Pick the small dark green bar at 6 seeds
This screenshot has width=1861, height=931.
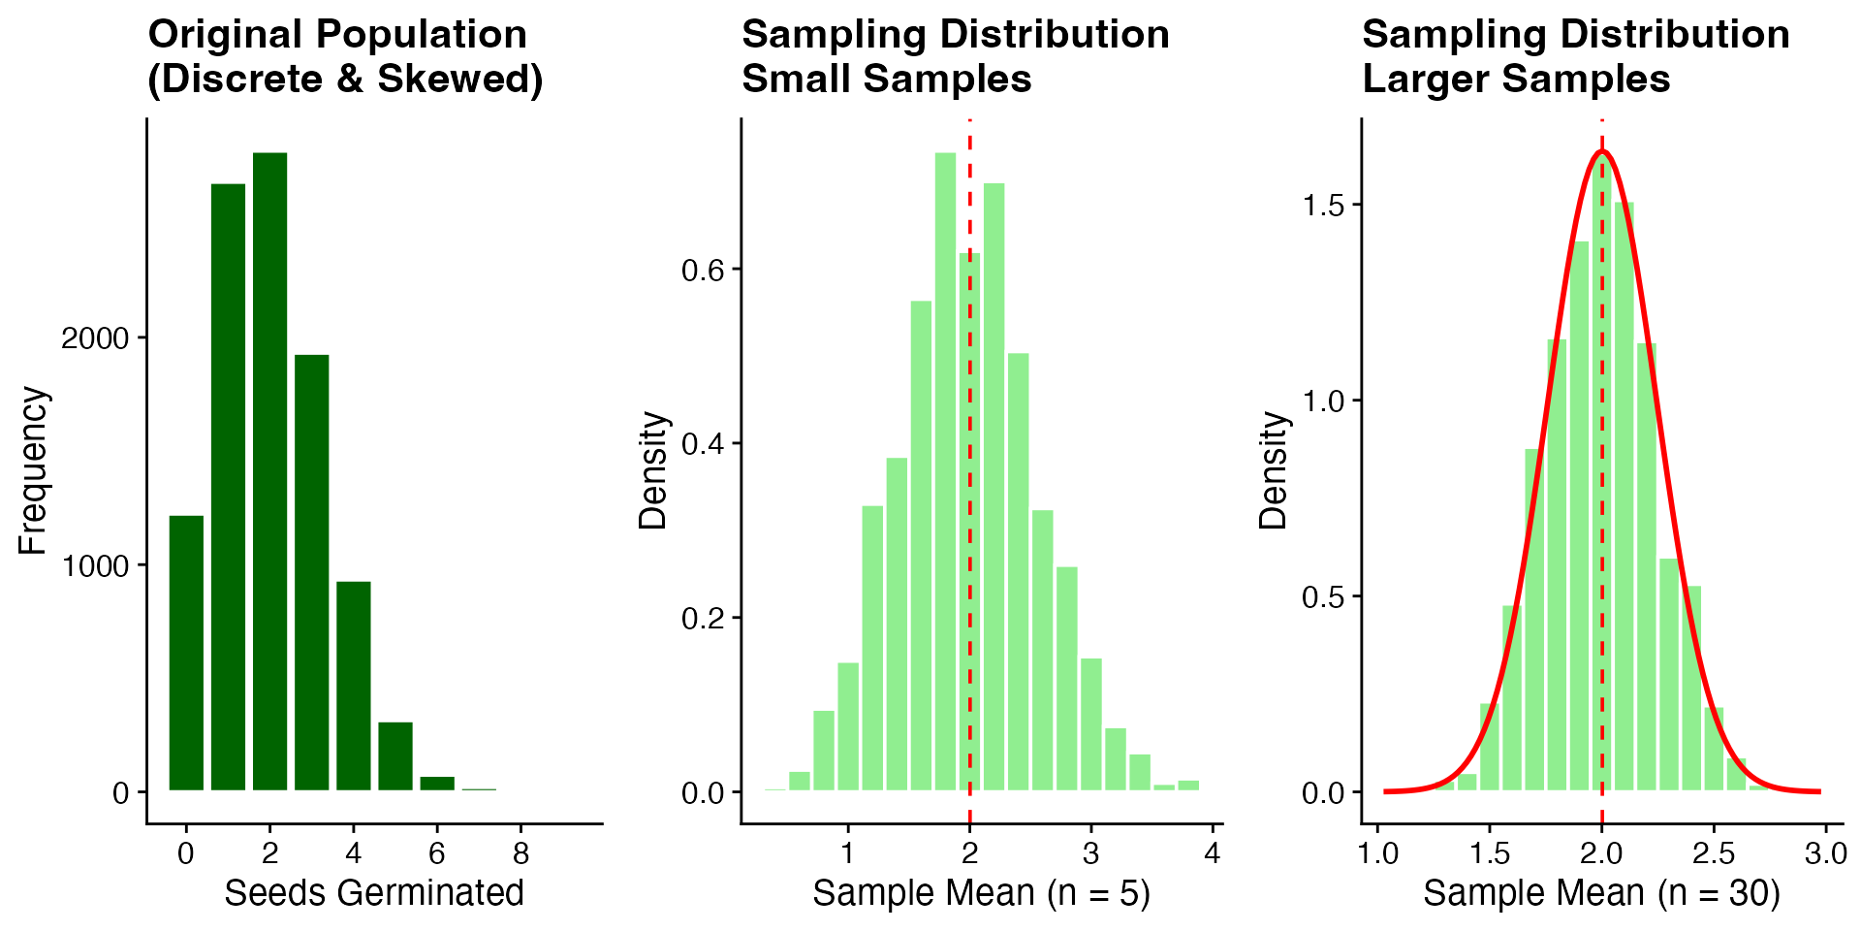click(x=437, y=784)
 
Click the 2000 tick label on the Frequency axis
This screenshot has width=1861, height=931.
click(x=95, y=338)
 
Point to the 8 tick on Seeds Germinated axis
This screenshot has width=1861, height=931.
click(x=521, y=853)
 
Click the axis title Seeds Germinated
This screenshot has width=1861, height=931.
click(x=374, y=893)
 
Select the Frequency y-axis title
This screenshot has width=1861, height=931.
click(x=33, y=470)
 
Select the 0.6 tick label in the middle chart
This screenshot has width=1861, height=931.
click(x=703, y=270)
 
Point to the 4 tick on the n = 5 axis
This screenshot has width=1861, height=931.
click(x=1213, y=853)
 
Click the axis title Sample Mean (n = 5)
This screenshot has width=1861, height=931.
click(x=981, y=893)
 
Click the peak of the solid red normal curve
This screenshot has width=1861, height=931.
click(x=1601, y=151)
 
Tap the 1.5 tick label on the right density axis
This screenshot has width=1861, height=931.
click(x=1323, y=206)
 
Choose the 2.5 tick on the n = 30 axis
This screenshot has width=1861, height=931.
click(x=1714, y=853)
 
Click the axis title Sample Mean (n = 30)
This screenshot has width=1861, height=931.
click(x=1601, y=893)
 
